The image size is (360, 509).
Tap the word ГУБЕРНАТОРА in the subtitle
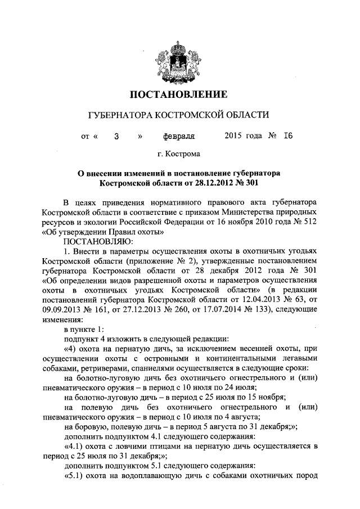122,115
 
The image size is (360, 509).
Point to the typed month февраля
179,136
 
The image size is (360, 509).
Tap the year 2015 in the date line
233,136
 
